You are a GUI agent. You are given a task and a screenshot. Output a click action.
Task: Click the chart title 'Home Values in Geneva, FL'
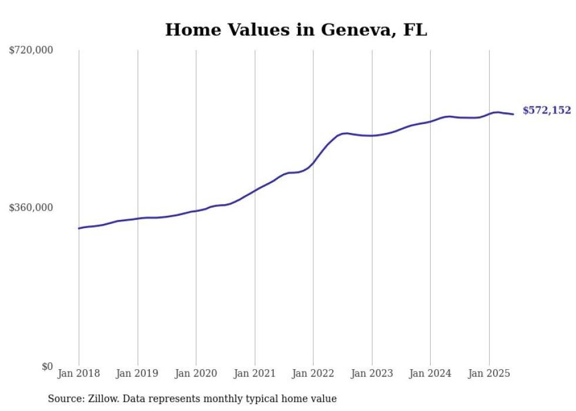296,30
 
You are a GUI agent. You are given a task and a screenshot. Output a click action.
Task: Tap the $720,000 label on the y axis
31,51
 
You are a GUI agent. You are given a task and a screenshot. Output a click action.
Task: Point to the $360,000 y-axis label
31,208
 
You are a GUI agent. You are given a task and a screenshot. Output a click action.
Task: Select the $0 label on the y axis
47,366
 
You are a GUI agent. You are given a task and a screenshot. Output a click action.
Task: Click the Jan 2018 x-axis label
79,373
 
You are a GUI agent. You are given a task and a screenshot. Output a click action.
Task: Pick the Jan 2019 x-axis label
138,373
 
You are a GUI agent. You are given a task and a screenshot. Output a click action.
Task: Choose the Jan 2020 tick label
196,373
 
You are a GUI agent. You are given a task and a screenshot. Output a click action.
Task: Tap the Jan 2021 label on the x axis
254,373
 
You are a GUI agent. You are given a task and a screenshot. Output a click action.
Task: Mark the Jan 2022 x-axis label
313,373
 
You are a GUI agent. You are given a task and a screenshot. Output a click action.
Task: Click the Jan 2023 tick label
371,373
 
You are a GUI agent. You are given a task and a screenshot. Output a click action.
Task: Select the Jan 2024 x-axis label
430,373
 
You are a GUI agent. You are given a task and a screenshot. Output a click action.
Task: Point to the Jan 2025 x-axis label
489,373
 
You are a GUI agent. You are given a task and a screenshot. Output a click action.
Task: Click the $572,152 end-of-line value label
547,111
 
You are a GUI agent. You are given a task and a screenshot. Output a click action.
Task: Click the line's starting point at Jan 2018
79,228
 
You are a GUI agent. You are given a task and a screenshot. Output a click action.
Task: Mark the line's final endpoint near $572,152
514,114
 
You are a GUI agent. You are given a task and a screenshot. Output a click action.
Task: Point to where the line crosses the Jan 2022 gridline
313,163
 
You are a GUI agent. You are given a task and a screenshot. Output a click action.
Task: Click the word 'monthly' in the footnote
217,399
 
